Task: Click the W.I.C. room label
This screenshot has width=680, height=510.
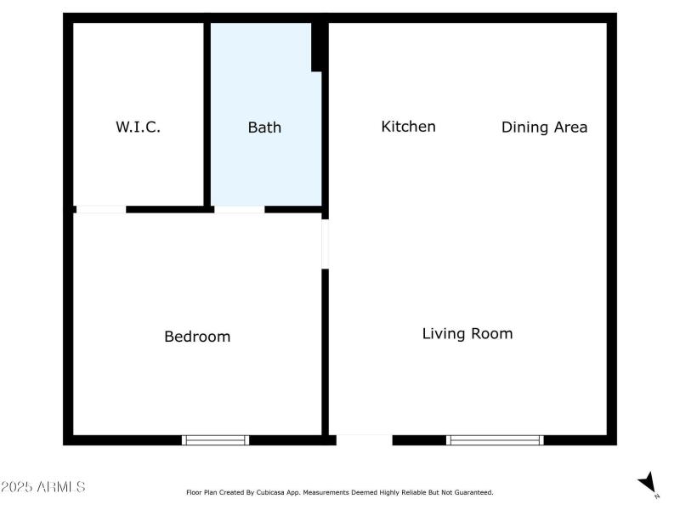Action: [x=138, y=127]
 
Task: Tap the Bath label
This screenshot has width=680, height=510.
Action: [x=264, y=127]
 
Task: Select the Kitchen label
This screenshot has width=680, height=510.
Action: [x=408, y=127]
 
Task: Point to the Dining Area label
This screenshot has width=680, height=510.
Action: [x=544, y=127]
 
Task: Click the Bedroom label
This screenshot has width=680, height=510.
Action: [x=197, y=337]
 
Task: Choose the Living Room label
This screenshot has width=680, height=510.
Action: [x=467, y=333]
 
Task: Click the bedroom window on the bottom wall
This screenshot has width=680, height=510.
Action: [x=216, y=439]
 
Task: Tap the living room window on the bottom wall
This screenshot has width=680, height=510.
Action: [x=495, y=439]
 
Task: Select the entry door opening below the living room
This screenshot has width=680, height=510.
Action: [x=365, y=439]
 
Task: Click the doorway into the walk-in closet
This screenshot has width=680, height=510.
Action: [x=100, y=209]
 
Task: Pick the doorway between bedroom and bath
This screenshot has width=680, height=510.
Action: [x=239, y=209]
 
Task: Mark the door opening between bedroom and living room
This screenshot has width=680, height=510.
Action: [x=325, y=245]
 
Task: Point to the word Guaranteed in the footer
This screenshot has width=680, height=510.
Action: [x=473, y=492]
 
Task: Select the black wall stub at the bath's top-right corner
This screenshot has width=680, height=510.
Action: [x=319, y=47]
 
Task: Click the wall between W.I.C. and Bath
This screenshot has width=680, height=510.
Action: [x=207, y=115]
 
